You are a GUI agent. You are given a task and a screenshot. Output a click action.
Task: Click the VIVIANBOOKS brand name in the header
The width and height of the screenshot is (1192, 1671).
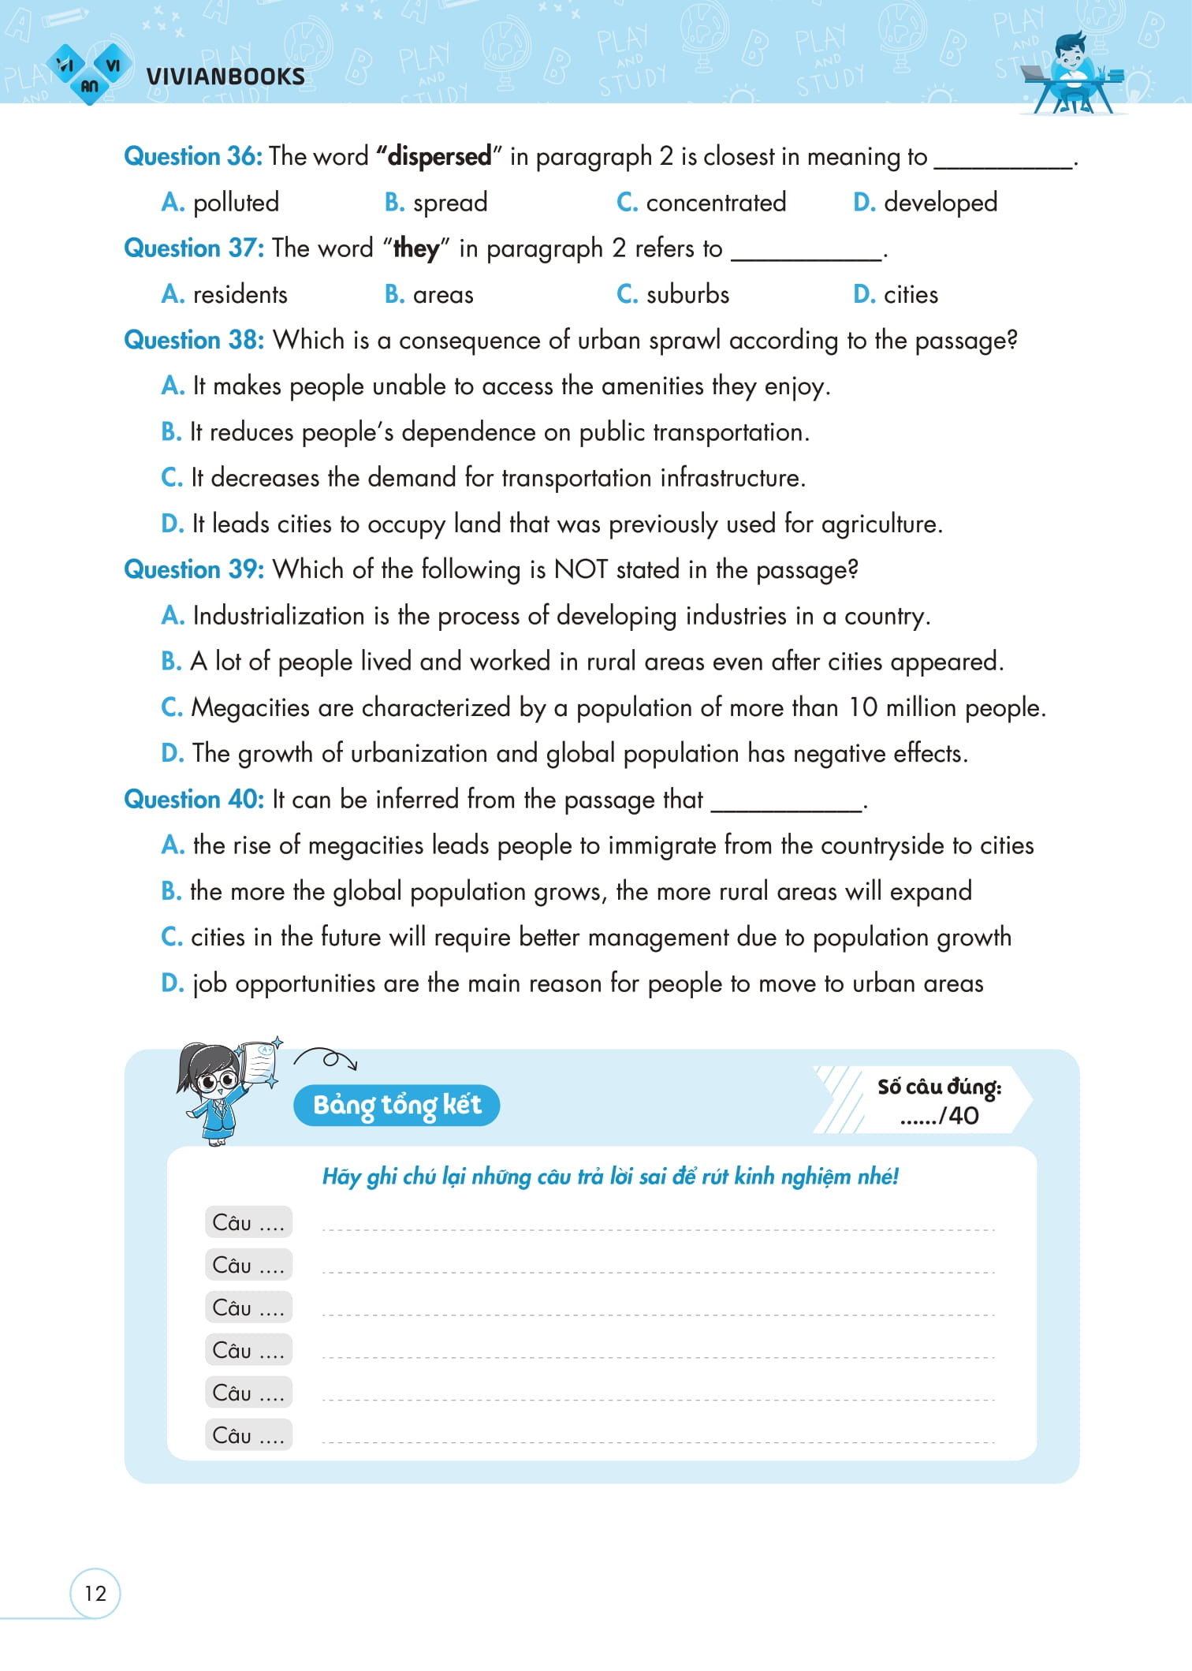(225, 76)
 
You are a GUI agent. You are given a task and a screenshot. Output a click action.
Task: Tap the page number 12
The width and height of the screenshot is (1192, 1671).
(95, 1593)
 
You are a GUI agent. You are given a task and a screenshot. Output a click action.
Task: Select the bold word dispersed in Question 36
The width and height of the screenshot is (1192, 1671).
(439, 156)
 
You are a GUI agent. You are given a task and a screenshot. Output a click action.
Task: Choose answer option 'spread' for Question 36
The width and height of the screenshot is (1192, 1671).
(449, 203)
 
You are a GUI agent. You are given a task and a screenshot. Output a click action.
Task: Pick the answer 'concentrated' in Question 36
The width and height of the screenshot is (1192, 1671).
(716, 203)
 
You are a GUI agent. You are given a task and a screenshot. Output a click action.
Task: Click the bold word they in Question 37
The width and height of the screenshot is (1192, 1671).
(415, 248)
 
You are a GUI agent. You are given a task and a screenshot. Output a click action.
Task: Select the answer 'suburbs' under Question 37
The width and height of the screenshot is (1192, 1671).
(687, 295)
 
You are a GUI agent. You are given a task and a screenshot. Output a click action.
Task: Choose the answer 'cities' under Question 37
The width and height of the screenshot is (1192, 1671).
(911, 295)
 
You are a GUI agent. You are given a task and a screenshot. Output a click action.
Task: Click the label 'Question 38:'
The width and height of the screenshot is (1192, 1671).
(194, 340)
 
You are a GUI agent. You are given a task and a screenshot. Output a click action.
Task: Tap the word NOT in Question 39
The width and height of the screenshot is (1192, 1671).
(581, 569)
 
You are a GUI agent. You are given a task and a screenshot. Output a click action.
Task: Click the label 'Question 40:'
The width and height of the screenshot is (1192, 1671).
(194, 800)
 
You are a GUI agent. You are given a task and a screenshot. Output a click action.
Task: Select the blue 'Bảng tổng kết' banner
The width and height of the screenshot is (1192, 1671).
(397, 1105)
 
